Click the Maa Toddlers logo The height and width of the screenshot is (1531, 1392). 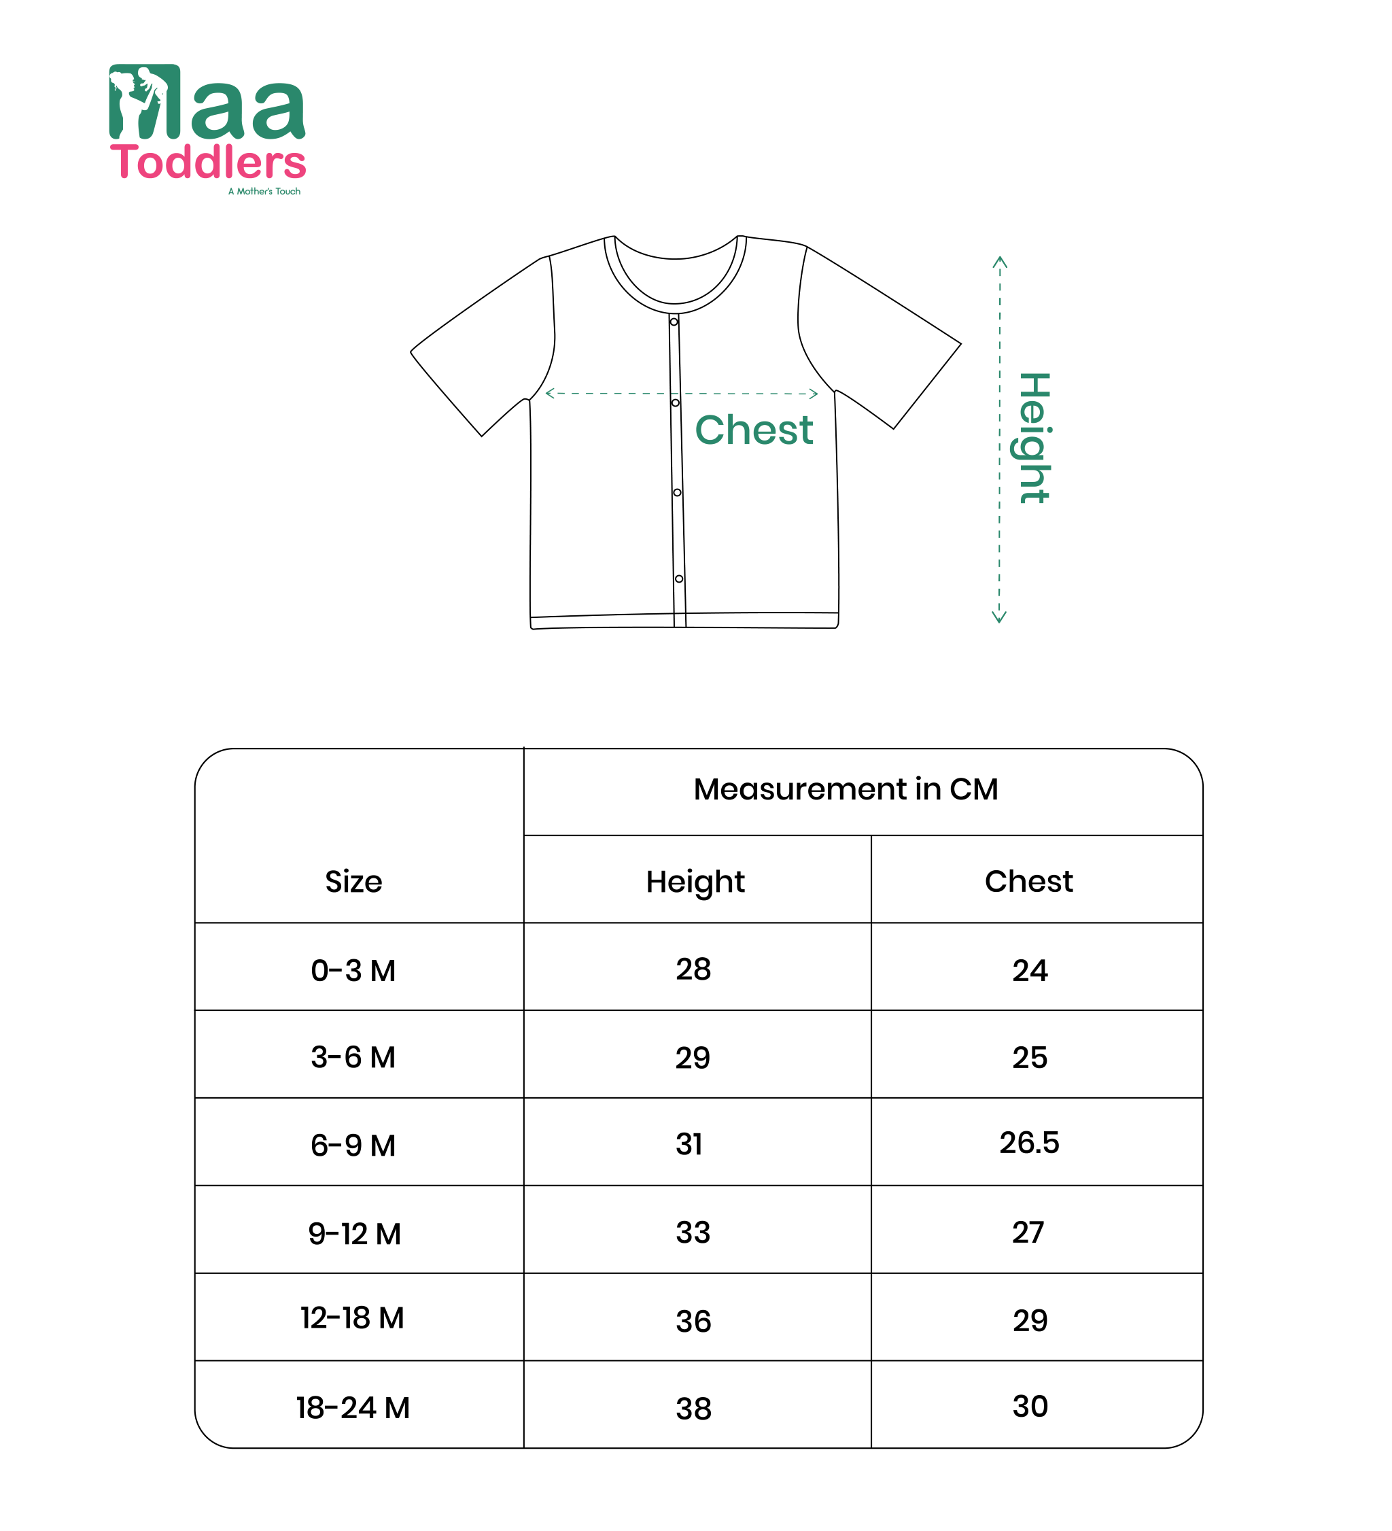pyautogui.click(x=207, y=123)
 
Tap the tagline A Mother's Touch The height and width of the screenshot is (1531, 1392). pyautogui.click(x=264, y=192)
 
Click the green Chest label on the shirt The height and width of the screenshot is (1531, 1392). pyautogui.click(x=753, y=430)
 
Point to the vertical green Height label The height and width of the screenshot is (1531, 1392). pyautogui.click(x=1034, y=438)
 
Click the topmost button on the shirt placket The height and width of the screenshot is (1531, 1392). pyautogui.click(x=674, y=322)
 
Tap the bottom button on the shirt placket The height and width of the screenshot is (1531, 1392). pyautogui.click(x=679, y=579)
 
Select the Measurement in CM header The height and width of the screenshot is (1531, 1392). pyautogui.click(x=846, y=789)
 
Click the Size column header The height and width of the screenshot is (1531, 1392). pyautogui.click(x=353, y=882)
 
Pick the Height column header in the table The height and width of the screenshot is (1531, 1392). pyautogui.click(x=695, y=882)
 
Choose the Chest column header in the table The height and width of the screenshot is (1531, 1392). pyautogui.click(x=1028, y=881)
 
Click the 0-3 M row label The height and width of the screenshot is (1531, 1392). pyautogui.click(x=353, y=971)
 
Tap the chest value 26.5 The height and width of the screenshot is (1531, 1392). pyautogui.click(x=1029, y=1142)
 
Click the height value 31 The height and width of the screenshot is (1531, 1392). pyautogui.click(x=690, y=1143)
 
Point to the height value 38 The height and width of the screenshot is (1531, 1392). pyautogui.click(x=693, y=1409)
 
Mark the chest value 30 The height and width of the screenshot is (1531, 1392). pyautogui.click(x=1030, y=1407)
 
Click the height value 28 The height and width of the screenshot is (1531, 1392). pyautogui.click(x=693, y=969)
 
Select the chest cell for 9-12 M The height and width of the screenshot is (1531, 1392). pyautogui.click(x=1028, y=1232)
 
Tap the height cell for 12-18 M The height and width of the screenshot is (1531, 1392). pyautogui.click(x=693, y=1322)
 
